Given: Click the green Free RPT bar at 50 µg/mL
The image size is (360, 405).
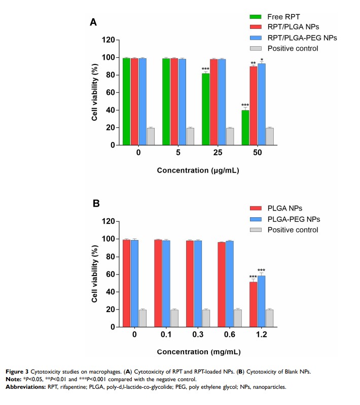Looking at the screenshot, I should point(245,127).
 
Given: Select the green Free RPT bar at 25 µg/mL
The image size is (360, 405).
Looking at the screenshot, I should point(205,109).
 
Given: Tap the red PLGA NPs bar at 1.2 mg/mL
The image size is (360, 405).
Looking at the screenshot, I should point(253,304).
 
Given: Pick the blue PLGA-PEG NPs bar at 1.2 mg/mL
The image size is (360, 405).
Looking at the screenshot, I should point(261,301).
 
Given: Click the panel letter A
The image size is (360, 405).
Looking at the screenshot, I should point(93,22).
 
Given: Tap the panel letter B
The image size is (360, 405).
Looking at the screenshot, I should point(95,204).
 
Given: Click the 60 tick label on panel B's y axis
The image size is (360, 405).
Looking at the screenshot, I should point(108,275).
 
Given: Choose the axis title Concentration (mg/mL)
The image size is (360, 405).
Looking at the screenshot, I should point(199,352).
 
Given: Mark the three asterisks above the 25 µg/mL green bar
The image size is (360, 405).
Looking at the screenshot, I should point(205,69).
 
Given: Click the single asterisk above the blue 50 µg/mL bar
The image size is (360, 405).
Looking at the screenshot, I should point(262,60).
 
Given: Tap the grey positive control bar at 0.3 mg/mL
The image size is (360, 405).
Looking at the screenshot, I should point(206,318).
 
